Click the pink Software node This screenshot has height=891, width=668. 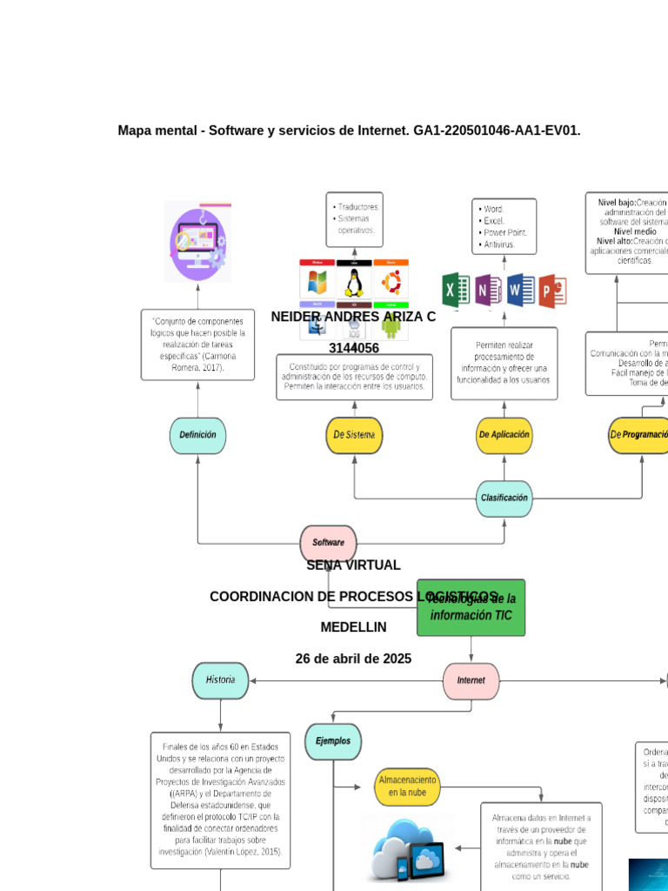328,543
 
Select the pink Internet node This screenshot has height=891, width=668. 471,680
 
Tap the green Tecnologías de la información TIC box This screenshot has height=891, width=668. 471,607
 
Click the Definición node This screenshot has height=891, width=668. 197,435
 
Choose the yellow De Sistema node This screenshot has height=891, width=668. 354,435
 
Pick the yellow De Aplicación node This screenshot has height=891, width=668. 504,435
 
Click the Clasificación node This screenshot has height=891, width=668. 504,499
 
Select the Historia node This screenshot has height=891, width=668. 220,680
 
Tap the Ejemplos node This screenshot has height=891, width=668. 333,741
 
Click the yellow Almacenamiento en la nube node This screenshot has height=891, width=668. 407,787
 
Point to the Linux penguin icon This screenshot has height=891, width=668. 353,283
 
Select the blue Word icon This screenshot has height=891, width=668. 520,291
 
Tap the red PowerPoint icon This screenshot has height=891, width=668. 552,291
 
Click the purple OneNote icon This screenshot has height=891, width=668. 488,291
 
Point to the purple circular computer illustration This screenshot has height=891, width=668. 198,242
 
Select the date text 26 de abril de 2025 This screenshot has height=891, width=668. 353,659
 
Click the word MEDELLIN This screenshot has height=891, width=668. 353,627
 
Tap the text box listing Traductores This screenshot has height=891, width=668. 354,218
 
